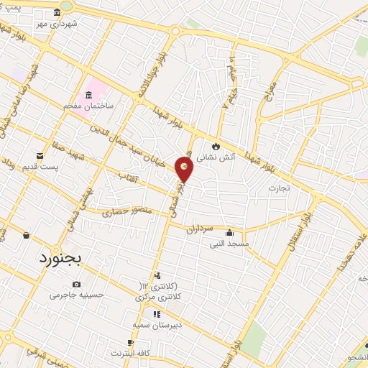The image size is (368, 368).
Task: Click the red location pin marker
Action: (x=185, y=169)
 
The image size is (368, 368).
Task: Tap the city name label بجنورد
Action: (x=63, y=258)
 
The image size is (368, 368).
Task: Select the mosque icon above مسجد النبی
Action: (x=229, y=232)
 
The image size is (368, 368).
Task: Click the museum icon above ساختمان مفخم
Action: (x=88, y=96)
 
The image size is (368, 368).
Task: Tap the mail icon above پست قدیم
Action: (x=40, y=155)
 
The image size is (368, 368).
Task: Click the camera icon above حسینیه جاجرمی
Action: (x=77, y=284)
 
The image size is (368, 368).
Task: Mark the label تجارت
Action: (x=279, y=188)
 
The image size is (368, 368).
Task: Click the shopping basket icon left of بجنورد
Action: (x=27, y=234)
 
